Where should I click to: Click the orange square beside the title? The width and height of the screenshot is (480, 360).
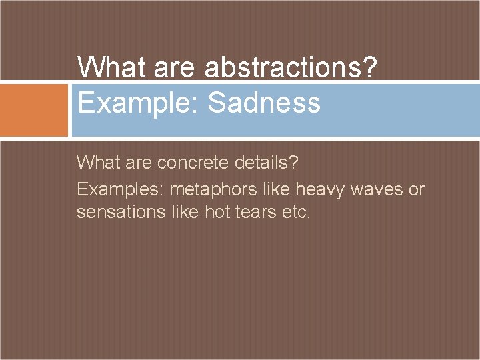coord(34,110)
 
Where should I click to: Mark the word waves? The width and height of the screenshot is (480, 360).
coord(376,190)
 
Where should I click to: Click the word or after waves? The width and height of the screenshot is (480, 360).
coord(417,190)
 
